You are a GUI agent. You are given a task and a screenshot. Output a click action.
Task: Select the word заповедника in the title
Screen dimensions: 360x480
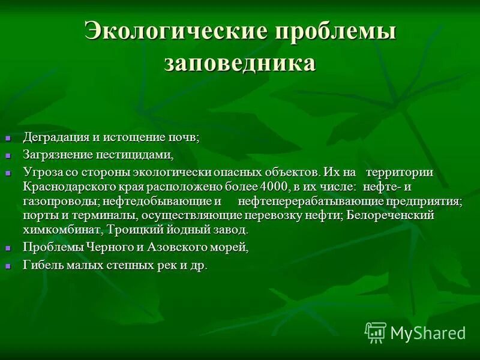tap(239, 62)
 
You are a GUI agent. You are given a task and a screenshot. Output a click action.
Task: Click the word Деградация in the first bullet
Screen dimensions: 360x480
tap(57, 137)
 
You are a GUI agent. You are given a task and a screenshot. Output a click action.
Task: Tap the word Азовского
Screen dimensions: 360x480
tap(177, 247)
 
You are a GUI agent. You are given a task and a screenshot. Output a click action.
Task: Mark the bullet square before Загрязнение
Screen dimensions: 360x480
tap(8, 155)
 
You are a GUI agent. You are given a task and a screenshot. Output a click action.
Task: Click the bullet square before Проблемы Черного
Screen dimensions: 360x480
tap(8, 248)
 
